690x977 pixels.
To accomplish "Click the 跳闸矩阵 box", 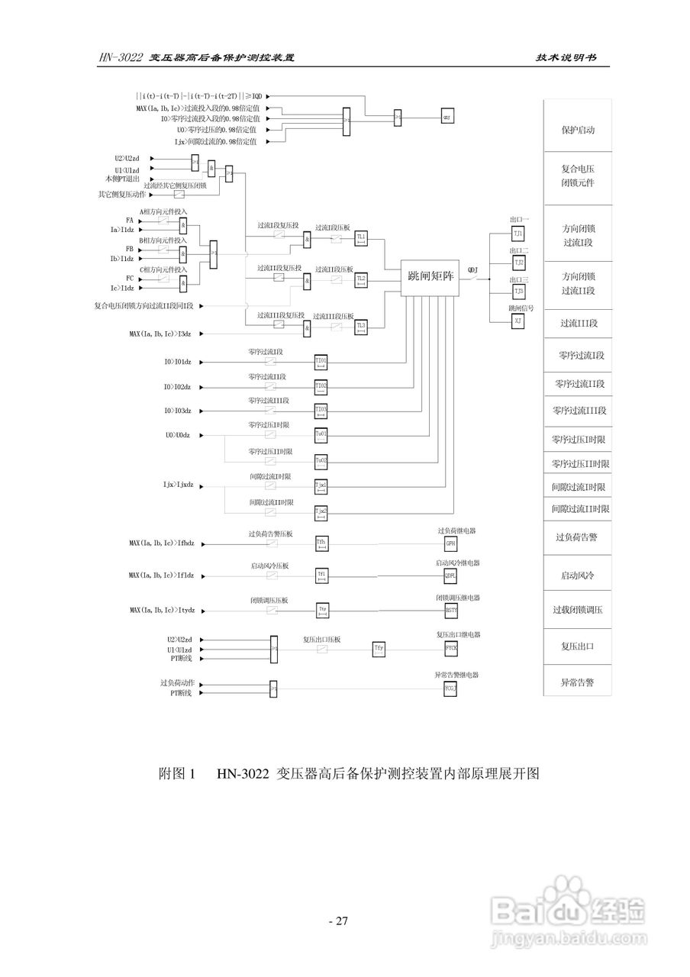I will click(431, 276).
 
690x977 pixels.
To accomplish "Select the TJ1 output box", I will click(518, 233).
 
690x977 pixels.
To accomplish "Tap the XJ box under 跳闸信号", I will click(518, 322).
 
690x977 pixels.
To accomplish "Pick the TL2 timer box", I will click(362, 279).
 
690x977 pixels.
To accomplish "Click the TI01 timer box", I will click(321, 360).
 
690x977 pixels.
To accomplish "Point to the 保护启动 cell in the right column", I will click(578, 130).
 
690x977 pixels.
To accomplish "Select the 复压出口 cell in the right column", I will click(578, 646).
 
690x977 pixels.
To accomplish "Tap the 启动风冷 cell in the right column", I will click(578, 575).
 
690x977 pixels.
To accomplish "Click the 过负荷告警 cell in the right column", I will click(578, 537).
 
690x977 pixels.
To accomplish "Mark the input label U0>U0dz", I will click(178, 435).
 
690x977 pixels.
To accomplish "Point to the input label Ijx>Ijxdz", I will click(179, 485).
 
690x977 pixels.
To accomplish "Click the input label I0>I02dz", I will click(178, 387).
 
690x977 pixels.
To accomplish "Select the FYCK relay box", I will click(451, 649).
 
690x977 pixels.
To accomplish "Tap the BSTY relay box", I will click(451, 611).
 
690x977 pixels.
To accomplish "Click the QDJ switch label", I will click(473, 269).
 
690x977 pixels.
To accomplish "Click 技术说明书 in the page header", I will click(566, 58).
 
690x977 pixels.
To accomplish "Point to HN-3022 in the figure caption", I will click(242, 774).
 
